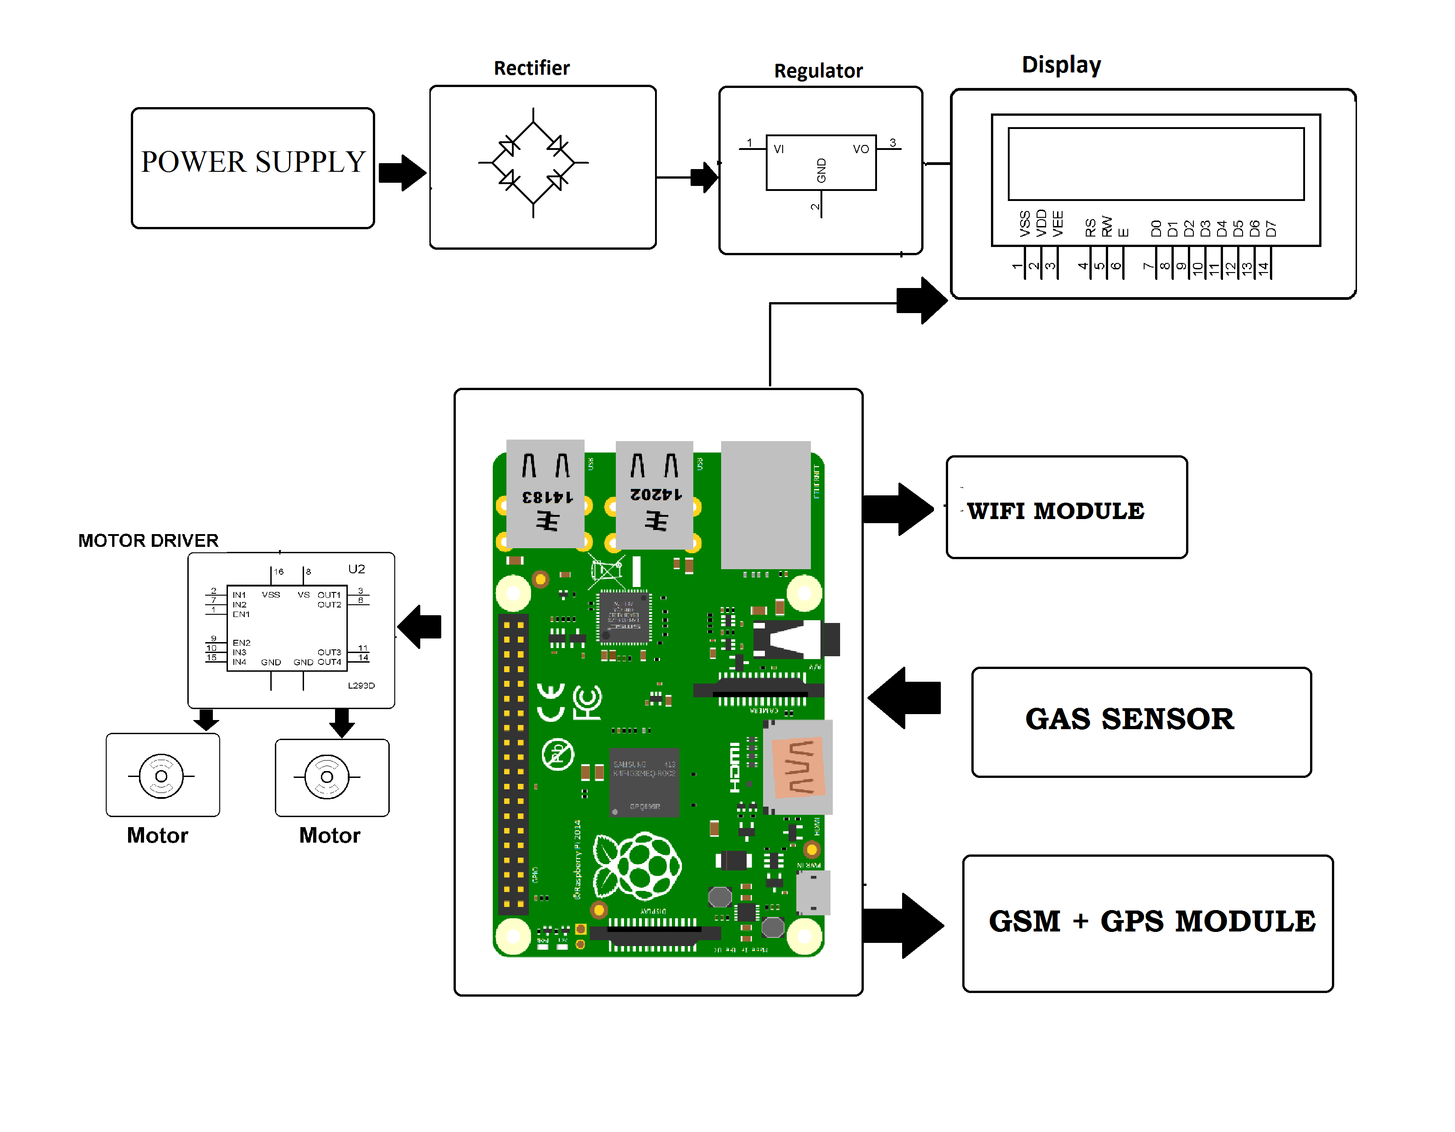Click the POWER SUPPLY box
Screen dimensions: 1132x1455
(253, 168)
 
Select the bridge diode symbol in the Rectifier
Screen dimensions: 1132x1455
(533, 163)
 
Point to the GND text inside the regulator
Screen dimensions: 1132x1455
(821, 170)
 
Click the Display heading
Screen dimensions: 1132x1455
(1061, 65)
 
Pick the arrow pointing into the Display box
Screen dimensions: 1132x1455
(921, 300)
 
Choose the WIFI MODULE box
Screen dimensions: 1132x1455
(1066, 507)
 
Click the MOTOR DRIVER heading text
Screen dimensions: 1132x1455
(148, 540)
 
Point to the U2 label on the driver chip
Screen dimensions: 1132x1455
(356, 569)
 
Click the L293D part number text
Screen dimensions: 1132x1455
(361, 685)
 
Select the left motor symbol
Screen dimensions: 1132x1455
(161, 776)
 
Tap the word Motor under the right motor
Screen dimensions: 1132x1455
(329, 835)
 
